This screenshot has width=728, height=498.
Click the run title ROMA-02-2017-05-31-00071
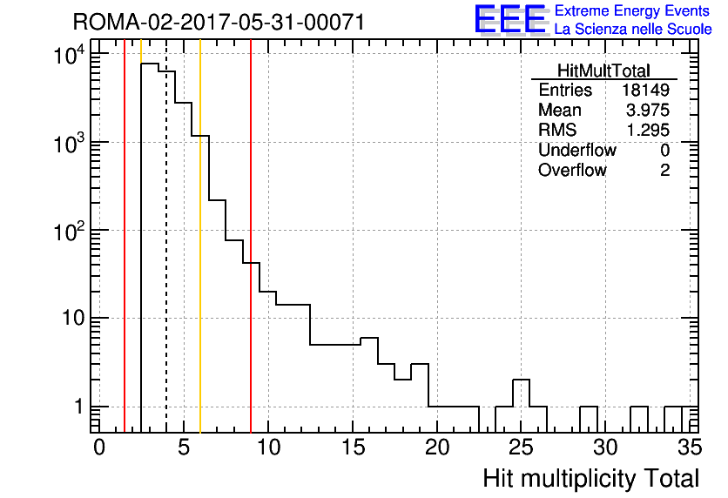219,23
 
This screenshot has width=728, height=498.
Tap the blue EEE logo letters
510,19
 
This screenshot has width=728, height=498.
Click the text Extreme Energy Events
632,10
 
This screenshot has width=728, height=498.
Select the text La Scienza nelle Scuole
633,29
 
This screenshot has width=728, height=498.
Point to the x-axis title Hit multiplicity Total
591,478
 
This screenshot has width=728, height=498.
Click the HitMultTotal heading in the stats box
603,71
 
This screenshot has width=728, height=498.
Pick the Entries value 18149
646,90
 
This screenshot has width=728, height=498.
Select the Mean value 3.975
648,110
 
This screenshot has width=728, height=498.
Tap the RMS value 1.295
648,130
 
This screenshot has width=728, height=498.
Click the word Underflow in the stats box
577,150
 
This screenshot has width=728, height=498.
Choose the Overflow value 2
664,170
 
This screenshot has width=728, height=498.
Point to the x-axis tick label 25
522,448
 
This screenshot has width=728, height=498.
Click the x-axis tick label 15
353,448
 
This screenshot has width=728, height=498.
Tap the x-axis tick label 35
690,448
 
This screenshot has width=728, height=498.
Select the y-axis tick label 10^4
69,55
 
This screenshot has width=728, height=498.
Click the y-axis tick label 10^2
69,231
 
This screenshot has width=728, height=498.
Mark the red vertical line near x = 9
251,236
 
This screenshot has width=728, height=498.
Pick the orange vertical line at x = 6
200,236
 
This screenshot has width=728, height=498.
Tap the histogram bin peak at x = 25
522,380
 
